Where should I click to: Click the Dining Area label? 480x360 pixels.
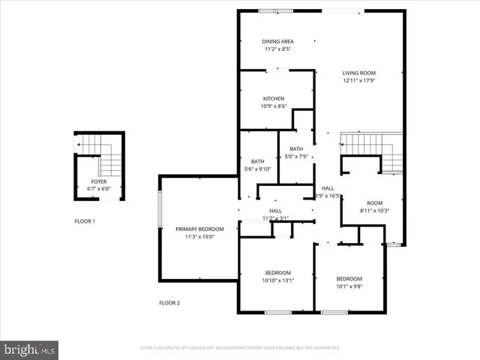pyautogui.click(x=277, y=41)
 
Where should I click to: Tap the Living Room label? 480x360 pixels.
pyautogui.click(x=358, y=73)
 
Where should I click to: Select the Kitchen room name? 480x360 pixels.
pyautogui.click(x=273, y=99)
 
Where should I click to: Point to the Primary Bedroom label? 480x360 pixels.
pyautogui.click(x=199, y=229)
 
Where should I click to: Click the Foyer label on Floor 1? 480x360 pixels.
pyautogui.click(x=99, y=182)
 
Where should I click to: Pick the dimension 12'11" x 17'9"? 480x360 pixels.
pyautogui.click(x=358, y=80)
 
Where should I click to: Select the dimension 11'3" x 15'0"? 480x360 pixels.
pyautogui.click(x=199, y=237)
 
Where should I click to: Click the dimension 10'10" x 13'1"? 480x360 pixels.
pyautogui.click(x=277, y=280)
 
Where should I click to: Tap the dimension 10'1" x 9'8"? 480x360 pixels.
pyautogui.click(x=349, y=286)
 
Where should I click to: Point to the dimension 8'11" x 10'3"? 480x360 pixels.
pyautogui.click(x=374, y=211)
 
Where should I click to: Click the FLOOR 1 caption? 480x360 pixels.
pyautogui.click(x=85, y=221)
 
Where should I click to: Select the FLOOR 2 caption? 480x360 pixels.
pyautogui.click(x=169, y=303)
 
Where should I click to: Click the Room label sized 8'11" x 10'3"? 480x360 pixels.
pyautogui.click(x=374, y=203)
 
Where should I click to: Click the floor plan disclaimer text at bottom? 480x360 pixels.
pyautogui.click(x=240, y=348)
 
